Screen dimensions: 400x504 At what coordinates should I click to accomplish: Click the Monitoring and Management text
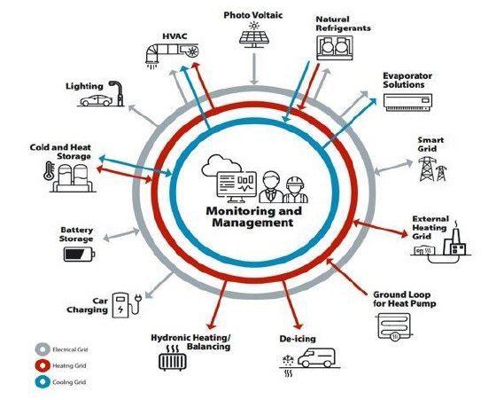[x=252, y=218]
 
